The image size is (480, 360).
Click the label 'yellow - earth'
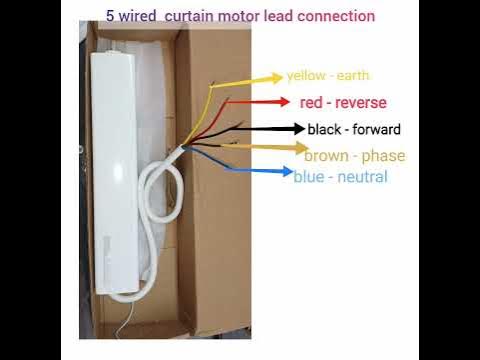pos(327,76)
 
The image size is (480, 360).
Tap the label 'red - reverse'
pos(343,103)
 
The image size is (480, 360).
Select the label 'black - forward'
pos(354,130)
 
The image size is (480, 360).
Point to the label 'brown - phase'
pos(354,156)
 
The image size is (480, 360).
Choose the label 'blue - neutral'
pos(340,178)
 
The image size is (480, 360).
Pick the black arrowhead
pos(297,129)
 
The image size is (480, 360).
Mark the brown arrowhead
pos(298,149)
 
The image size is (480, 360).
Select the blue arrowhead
pos(287,171)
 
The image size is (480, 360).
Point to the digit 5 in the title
pos(110,16)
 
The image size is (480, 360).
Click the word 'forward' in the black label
pos(377,130)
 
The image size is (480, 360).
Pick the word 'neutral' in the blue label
pos(362,178)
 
